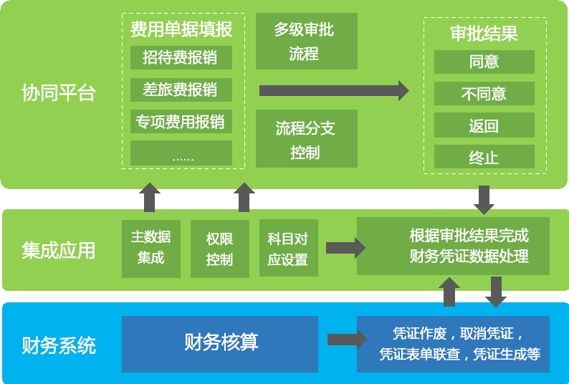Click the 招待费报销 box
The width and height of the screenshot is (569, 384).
(x=181, y=57)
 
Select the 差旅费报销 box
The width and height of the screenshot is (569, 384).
(x=181, y=90)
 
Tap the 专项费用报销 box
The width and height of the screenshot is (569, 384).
(x=181, y=122)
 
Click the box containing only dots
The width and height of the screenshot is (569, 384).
(x=181, y=153)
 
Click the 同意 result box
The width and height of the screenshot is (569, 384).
(x=484, y=62)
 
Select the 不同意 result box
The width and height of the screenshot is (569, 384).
(x=484, y=94)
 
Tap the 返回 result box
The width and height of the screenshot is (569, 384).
(x=484, y=126)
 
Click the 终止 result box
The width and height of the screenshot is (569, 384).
(x=484, y=158)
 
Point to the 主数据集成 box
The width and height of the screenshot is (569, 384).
(x=151, y=248)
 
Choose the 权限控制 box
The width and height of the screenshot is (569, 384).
(x=219, y=248)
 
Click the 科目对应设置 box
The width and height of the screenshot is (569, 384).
(x=288, y=248)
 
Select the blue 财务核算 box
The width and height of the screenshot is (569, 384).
(x=220, y=342)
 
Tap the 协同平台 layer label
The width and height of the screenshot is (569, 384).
(x=59, y=93)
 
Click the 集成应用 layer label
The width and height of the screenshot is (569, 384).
(x=59, y=250)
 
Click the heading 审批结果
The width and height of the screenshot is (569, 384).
(x=484, y=34)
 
